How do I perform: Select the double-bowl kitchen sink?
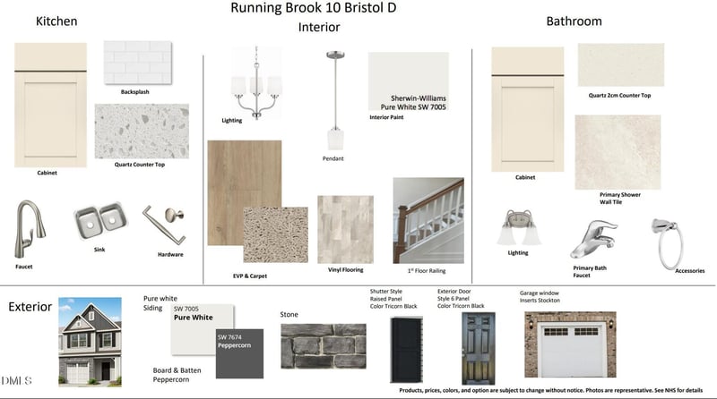point(99,223)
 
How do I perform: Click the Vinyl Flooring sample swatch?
point(345,228)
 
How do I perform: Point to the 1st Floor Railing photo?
point(428,219)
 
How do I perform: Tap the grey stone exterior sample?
point(324,346)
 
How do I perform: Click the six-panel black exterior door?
point(472,348)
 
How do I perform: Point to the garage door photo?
point(570,344)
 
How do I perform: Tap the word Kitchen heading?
point(56,21)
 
